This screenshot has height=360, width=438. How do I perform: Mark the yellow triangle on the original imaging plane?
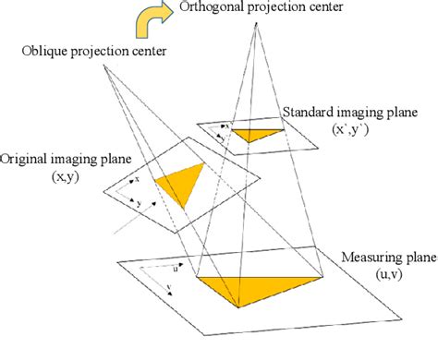pos(182,186)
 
